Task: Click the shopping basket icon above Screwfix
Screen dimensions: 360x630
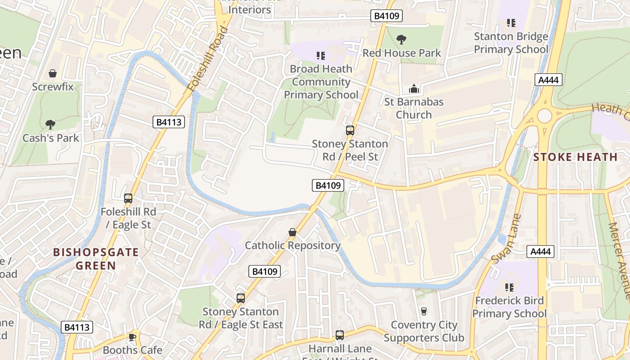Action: coord(53,73)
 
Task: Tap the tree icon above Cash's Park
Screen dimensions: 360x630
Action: coord(50,124)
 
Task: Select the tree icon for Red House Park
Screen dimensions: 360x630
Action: coord(401,40)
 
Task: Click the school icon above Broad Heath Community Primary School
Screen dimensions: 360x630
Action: coord(321,56)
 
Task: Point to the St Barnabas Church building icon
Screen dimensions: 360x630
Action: coord(414,89)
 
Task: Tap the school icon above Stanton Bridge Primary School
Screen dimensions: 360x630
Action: coord(511,22)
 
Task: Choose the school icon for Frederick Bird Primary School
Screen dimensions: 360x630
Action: coord(509,287)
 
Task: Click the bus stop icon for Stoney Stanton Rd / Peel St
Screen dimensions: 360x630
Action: coord(350,130)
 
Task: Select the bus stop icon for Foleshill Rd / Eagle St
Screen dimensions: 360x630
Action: coord(128,198)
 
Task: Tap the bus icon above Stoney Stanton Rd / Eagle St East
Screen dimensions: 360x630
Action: coord(241,298)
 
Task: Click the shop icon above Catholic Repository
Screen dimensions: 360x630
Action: coord(292,232)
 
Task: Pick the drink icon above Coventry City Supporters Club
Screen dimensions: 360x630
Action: coord(423,311)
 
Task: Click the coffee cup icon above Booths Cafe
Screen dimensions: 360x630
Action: coord(132,337)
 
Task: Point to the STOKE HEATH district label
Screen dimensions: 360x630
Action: coord(575,157)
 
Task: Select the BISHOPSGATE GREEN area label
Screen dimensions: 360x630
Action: coord(96,259)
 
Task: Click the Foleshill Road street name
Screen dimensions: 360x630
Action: coord(209,59)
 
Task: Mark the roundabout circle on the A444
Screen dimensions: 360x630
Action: coord(544,116)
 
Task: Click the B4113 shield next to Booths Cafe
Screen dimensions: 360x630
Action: coord(77,327)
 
